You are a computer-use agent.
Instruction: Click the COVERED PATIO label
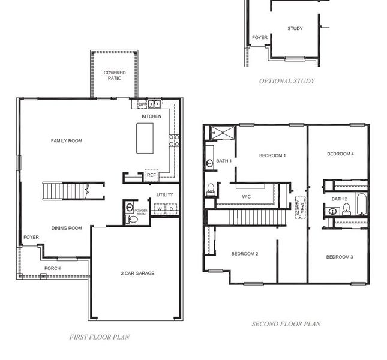coord(115,75)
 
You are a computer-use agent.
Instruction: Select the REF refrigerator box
coord(151,175)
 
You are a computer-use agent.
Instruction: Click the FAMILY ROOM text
coord(67,141)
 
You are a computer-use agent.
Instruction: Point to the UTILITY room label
coord(164,194)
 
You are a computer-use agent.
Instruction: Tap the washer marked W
coord(159,209)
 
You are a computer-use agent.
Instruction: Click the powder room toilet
coord(133,220)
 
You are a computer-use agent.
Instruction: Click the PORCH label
coord(52,268)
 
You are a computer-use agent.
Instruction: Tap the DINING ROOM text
coord(67,228)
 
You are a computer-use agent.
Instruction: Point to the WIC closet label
coord(246,196)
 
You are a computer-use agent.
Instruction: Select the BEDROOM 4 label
coord(340,154)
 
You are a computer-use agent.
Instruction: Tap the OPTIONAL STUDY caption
coord(287,81)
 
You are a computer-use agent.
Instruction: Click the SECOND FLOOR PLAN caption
coord(286,324)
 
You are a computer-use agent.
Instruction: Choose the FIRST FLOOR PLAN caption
coord(99,337)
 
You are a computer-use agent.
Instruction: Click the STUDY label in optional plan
coord(295,29)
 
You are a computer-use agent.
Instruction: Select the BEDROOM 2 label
coord(245,254)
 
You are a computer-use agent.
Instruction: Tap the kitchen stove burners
coord(173,140)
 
